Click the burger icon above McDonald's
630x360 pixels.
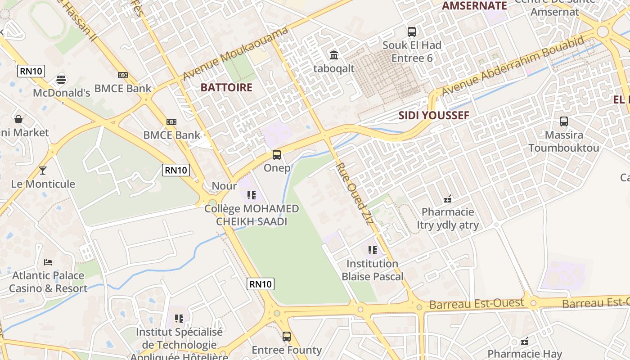(x=61, y=80)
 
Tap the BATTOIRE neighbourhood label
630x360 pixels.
(x=226, y=87)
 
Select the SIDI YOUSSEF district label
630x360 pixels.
(x=434, y=116)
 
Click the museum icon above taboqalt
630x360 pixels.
(x=334, y=55)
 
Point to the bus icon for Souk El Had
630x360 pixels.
(x=412, y=32)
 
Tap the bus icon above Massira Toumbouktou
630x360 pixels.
(x=563, y=121)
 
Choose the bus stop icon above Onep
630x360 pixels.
(x=277, y=155)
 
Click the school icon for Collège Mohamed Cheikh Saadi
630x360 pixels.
(x=252, y=195)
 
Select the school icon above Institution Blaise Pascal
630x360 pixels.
(x=373, y=250)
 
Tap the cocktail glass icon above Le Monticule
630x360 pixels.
(x=43, y=171)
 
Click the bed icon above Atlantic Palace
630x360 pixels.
(x=48, y=262)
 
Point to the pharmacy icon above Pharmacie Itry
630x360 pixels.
(x=448, y=198)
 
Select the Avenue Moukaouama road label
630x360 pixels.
(x=235, y=54)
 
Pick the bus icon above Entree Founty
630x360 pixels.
(x=287, y=336)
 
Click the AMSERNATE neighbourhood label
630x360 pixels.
(x=474, y=6)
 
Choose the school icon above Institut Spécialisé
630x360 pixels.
(x=179, y=319)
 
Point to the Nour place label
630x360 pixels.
(x=224, y=186)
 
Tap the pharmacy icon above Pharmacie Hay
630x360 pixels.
(x=525, y=341)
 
